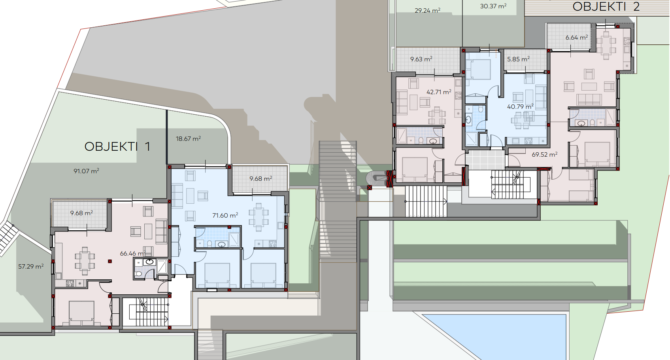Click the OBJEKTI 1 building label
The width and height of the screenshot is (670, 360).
117,147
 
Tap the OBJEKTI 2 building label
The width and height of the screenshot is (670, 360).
606,7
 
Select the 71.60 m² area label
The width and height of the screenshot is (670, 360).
225,215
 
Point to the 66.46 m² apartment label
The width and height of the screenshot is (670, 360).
132,254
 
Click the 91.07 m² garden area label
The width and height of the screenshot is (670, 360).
86,171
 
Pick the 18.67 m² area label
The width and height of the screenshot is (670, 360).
188,138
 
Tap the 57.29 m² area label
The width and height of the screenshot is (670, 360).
31,266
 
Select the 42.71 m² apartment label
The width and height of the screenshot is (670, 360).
439,92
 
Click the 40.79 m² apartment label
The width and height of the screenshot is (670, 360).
521,106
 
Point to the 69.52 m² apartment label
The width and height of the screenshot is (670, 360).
545,154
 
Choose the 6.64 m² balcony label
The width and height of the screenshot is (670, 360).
577,38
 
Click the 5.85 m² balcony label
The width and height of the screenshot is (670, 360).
518,59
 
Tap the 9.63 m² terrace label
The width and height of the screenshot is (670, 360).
421,59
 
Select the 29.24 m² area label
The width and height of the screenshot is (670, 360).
427,10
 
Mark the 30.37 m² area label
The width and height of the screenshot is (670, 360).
493,6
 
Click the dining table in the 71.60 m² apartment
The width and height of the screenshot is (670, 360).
259,217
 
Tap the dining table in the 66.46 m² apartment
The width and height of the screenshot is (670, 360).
85,261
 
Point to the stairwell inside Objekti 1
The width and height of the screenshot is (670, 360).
146,312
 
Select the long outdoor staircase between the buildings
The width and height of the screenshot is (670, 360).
338,201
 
